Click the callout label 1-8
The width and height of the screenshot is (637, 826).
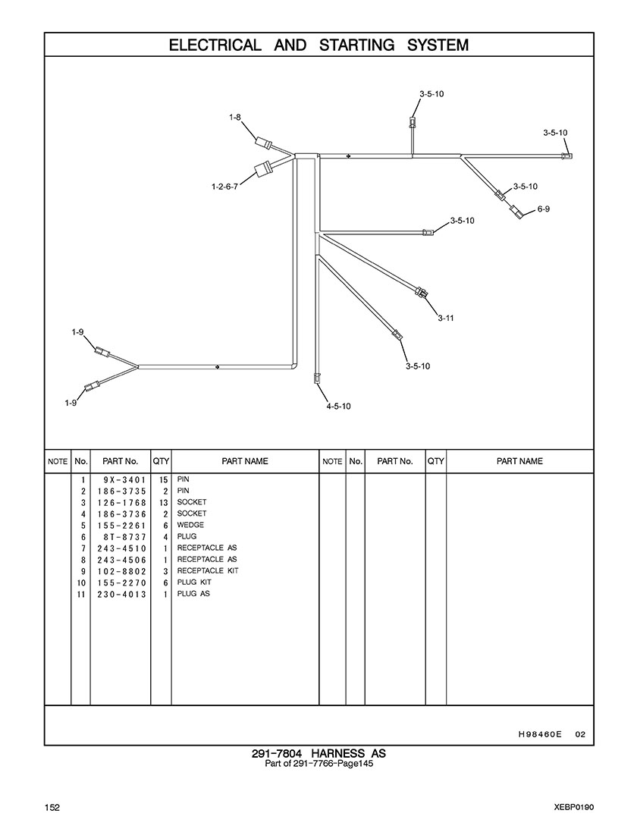[235, 118]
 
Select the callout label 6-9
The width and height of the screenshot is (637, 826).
[543, 209]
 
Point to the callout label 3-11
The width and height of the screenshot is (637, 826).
[445, 318]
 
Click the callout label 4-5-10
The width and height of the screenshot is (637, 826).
[338, 406]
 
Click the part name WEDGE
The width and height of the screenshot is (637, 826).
[190, 525]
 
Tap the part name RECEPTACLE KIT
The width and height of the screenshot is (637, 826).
[207, 570]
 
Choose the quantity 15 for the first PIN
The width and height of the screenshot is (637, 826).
[162, 480]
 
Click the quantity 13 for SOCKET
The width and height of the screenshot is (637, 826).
[162, 503]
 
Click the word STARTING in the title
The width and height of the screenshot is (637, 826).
[357, 45]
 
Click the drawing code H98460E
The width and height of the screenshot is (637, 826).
[539, 733]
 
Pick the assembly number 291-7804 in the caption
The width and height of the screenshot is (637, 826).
[278, 753]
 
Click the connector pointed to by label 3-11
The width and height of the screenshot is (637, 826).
[422, 292]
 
